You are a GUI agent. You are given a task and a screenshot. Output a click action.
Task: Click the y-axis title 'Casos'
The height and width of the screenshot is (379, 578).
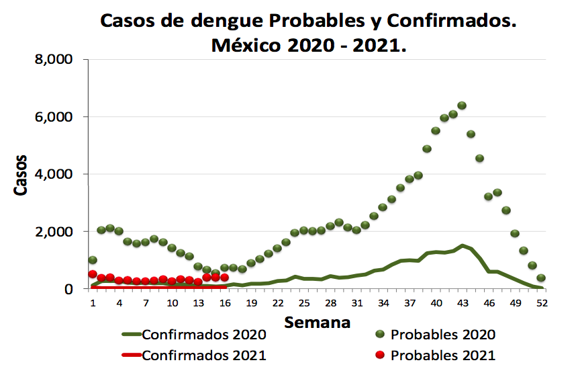(21, 174)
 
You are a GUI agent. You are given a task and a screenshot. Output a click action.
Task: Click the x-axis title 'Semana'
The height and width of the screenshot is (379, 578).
(318, 322)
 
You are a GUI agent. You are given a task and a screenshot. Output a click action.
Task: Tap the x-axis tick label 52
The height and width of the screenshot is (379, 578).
(542, 303)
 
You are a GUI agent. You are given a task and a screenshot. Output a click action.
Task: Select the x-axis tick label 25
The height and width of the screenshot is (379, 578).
(303, 303)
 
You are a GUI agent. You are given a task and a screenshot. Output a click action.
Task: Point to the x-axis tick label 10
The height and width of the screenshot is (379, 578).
(172, 303)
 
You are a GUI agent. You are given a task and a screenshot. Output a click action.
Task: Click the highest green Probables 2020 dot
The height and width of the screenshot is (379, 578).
(462, 106)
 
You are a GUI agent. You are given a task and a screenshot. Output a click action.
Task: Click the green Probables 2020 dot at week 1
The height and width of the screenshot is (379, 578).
(93, 260)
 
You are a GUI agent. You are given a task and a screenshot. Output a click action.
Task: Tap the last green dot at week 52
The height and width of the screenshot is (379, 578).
(540, 278)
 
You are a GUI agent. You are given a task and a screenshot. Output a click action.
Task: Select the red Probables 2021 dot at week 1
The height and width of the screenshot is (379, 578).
(93, 274)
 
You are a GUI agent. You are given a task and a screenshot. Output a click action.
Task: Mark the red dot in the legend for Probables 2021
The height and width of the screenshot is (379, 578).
(380, 355)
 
